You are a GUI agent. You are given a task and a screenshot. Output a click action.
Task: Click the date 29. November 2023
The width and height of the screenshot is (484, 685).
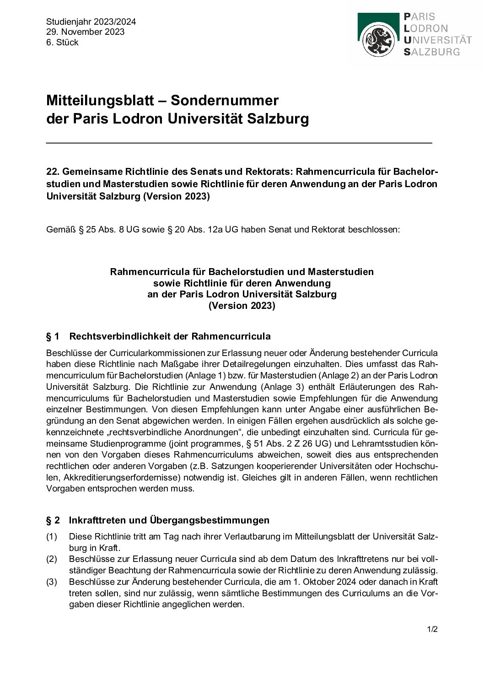(85, 32)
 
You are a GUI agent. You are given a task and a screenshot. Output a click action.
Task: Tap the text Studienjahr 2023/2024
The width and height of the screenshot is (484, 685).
(91, 22)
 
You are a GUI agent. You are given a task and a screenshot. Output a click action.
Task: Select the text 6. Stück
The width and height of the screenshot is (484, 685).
(62, 43)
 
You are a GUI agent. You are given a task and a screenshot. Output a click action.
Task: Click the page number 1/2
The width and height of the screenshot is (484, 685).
(432, 629)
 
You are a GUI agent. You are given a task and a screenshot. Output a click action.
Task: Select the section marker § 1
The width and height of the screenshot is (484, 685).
(53, 337)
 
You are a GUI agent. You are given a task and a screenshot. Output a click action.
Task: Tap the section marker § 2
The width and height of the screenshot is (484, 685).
(53, 521)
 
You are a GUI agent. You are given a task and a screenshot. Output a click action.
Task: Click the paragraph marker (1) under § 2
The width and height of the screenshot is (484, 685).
(51, 537)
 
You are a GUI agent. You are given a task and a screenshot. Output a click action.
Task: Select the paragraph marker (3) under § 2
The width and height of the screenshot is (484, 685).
(51, 582)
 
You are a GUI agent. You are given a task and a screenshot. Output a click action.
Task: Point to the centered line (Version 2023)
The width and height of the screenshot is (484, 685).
(242, 306)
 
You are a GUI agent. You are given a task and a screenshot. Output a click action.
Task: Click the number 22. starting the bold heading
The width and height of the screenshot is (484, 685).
(53, 172)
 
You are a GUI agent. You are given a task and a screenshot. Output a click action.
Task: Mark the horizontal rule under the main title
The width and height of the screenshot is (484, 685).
(239, 143)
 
